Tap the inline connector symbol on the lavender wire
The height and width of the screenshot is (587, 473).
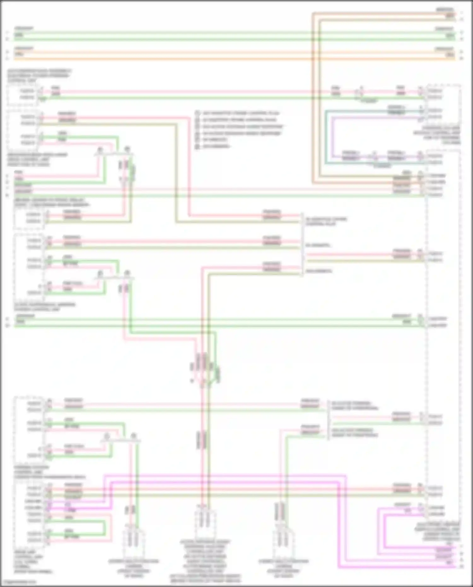(x=375, y=156)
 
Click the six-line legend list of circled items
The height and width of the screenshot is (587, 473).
(x=238, y=130)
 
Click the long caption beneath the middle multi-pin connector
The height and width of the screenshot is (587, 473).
(x=205, y=561)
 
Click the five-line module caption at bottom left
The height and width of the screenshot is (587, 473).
(x=33, y=561)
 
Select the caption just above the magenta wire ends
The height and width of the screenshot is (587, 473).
(x=441, y=531)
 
